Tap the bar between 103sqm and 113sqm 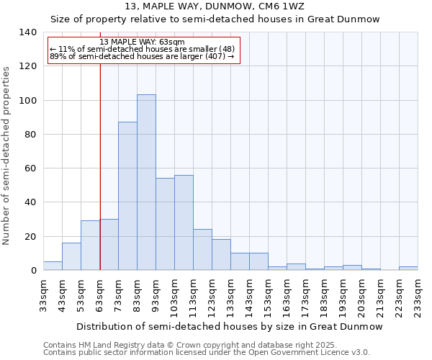coord(184,222)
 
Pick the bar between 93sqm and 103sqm coord(165,224)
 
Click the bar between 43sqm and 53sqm coord(71,256)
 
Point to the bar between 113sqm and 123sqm coord(202,250)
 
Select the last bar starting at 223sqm coord(408,269)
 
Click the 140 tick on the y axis coord(28,32)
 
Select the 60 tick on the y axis coord(31,168)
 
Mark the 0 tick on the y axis coord(34,271)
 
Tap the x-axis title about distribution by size coord(229,326)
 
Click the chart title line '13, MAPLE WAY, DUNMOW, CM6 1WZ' coord(215,6)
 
